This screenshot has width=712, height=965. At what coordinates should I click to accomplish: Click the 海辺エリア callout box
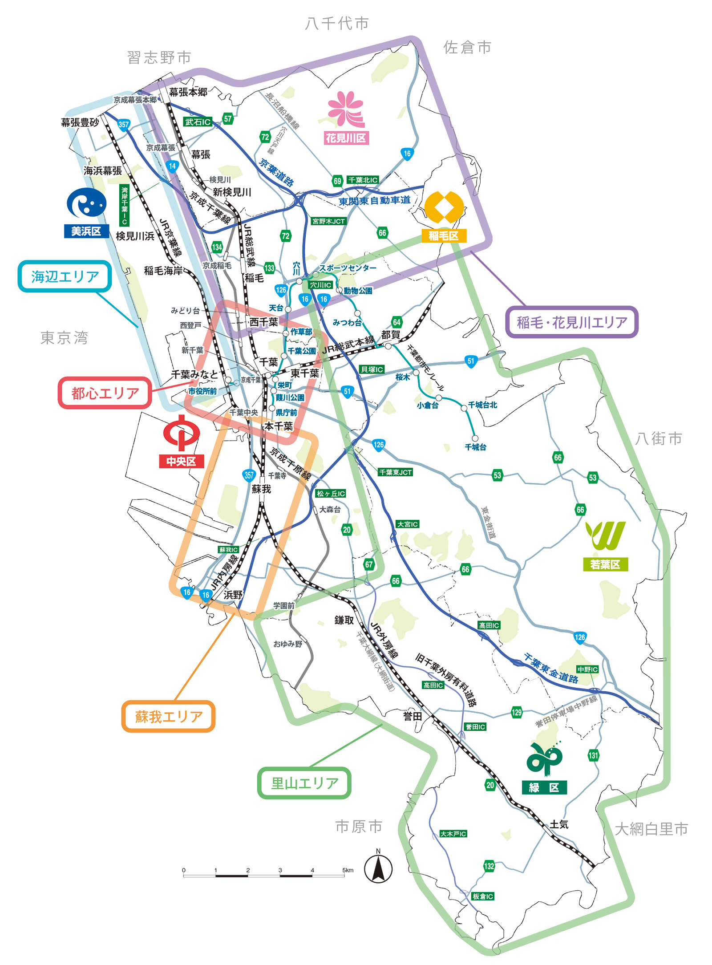pos(65,276)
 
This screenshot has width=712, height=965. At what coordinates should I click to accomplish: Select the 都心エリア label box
pos(105,393)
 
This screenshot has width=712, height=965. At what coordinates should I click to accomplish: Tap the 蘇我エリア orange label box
pos(168,716)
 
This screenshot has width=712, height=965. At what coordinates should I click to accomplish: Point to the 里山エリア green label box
pos(304,783)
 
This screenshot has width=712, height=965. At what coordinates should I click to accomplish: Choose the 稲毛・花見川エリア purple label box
pos(572,322)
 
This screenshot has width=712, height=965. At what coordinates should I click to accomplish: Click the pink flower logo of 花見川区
pos(346,109)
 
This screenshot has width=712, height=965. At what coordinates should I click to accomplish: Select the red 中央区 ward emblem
pos(181,432)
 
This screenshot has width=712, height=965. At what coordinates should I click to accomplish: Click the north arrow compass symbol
pos(378,868)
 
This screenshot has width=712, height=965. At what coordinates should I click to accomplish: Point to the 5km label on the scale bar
pos(348,870)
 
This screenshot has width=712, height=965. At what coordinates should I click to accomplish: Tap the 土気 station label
pos(558,824)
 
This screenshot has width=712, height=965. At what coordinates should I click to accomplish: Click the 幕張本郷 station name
pos(188,92)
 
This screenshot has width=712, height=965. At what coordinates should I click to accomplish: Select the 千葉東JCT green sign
pos(395,472)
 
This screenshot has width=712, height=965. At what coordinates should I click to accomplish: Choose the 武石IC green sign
pos(198,122)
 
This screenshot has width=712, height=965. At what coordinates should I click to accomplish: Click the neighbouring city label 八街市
pos(659,439)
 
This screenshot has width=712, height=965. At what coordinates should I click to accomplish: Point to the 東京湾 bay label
pos(64,338)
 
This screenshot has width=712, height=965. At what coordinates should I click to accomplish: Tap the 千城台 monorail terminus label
pos(475,447)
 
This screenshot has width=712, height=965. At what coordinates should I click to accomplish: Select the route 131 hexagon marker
pos(593,755)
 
